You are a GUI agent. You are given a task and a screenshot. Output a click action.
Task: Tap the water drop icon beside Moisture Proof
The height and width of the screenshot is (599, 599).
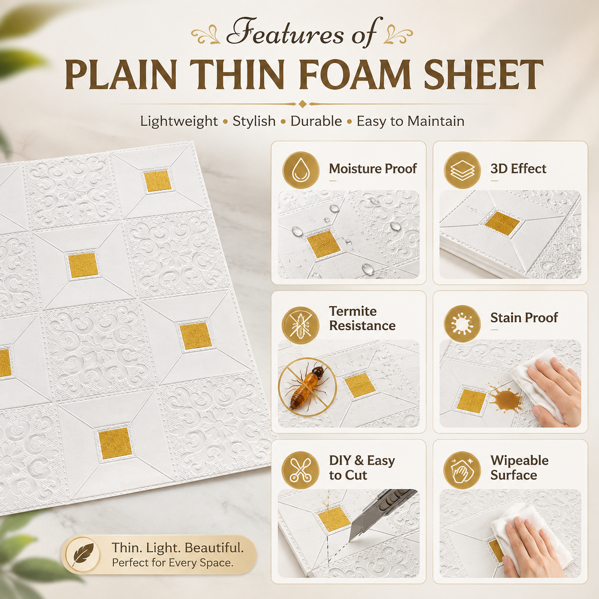pos(300,170)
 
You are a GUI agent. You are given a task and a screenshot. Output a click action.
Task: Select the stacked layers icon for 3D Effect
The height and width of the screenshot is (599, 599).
pos(462,170)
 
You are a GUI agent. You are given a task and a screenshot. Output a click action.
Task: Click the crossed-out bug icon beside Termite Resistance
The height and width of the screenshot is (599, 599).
pos(300,325)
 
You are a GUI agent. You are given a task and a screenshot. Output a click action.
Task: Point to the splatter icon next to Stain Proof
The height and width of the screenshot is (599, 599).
pos(462,324)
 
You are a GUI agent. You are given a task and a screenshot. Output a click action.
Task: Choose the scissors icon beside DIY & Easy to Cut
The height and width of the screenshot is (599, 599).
pos(300,471)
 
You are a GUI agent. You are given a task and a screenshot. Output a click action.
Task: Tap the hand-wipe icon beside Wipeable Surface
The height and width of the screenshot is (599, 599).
pos(462,471)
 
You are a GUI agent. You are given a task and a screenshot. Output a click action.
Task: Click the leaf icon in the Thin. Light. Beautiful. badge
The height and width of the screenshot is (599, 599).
pos(83,555)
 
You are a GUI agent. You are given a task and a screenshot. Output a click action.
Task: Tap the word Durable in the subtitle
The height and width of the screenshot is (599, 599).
pos(316,121)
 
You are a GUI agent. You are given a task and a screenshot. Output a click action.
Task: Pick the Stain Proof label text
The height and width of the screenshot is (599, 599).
pos(524,318)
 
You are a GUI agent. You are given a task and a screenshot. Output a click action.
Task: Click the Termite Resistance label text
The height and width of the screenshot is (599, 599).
pos(362,318)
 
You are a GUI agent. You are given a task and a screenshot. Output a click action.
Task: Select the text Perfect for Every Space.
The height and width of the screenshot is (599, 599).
pos(172,563)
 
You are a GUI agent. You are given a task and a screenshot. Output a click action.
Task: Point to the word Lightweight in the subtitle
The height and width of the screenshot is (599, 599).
pos(179,121)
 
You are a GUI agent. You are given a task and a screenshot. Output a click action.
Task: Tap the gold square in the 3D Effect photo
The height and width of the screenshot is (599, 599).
pos(502,224)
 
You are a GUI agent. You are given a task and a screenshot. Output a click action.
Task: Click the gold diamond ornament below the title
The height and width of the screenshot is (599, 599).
pos(302,104)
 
